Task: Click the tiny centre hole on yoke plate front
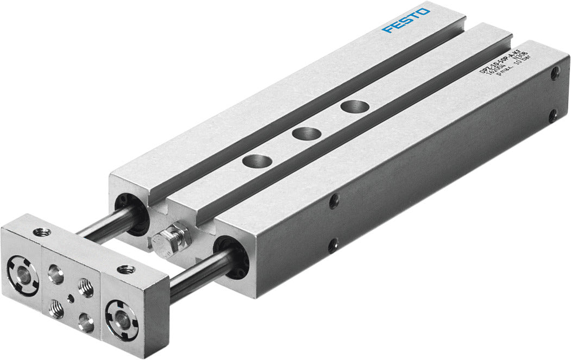point(70,297)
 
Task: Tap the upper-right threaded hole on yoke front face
point(85,284)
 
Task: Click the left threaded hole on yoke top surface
point(41,232)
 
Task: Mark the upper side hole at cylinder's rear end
point(554,74)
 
